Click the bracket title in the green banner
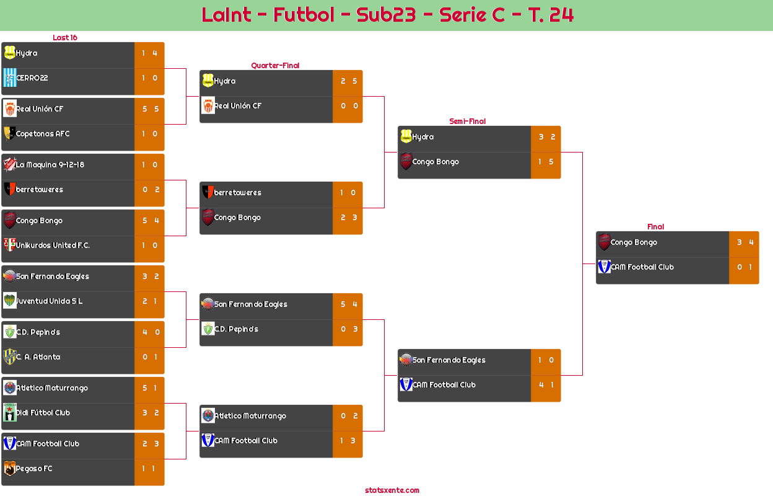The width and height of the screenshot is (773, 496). (x=387, y=15)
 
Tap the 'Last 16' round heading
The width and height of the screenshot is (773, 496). (x=64, y=38)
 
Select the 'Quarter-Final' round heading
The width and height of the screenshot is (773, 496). (x=274, y=66)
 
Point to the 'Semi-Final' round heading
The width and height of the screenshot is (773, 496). (x=466, y=122)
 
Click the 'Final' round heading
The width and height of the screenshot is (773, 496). (x=655, y=227)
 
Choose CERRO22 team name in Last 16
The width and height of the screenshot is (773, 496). (x=32, y=78)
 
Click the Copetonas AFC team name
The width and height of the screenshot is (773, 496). (x=43, y=134)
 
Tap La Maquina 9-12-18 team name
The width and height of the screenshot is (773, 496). (x=50, y=165)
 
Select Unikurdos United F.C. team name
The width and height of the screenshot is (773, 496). (x=53, y=246)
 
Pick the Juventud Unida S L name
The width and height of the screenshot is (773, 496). (x=50, y=301)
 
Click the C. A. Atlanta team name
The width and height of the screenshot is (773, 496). (x=38, y=357)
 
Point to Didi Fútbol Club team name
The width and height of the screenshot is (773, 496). (x=43, y=413)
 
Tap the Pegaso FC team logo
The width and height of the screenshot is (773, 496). (x=9, y=469)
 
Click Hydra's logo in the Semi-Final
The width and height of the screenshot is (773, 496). (x=406, y=137)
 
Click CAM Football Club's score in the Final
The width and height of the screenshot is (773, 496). (x=745, y=267)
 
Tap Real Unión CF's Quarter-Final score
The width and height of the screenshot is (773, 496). (x=349, y=106)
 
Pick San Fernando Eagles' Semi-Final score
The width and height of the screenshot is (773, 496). (x=546, y=360)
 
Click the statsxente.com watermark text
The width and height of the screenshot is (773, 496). (x=392, y=490)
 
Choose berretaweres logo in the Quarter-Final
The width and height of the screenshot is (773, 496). (x=207, y=193)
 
